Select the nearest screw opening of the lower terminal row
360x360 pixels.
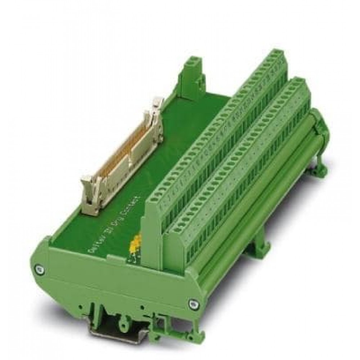171,223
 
